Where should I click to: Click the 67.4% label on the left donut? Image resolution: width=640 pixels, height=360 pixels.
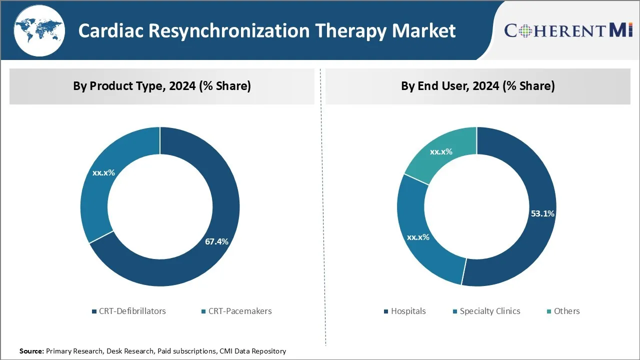point(216,241)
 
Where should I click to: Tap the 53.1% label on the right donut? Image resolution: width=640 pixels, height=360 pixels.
point(542,213)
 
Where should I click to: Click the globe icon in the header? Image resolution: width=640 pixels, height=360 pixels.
point(39,30)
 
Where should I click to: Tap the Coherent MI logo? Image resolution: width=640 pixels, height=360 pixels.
point(568,30)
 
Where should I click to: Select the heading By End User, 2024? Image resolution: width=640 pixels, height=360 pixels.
point(477,86)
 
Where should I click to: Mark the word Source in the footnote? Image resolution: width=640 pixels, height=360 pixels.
point(31,351)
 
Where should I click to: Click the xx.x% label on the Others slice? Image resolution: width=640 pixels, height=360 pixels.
point(441,151)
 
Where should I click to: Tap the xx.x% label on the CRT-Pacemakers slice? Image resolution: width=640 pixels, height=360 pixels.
point(103,173)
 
